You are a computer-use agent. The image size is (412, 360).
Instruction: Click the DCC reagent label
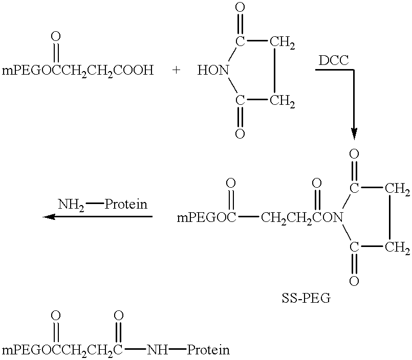pos(333,61)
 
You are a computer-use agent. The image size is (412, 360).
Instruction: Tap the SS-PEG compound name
pos(306,299)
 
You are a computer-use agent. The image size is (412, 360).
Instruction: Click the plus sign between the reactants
pos(176,70)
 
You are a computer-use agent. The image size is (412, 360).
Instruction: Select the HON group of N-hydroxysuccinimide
pos(213,71)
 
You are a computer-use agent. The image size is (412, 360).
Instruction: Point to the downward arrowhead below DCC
pos(354,134)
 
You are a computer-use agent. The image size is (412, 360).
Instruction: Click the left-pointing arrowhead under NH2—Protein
pos(49,217)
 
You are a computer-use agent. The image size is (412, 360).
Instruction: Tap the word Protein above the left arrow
pos(126,204)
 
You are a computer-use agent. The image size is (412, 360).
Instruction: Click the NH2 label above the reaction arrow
pos(71,205)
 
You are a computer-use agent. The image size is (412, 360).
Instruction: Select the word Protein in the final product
pos(208,350)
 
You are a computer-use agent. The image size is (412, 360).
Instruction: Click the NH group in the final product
pos(158,350)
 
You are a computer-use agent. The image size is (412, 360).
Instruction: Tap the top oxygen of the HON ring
pos(240,7)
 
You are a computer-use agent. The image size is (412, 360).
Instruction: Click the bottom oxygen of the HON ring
pos(240,133)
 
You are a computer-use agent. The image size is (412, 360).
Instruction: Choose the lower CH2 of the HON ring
pos(282,101)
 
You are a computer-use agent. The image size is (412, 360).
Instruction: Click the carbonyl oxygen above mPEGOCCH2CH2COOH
pos(56,37)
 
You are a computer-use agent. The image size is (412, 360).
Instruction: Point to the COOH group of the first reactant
pos(134,71)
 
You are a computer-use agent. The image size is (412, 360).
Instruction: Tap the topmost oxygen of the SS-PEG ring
pos(354,154)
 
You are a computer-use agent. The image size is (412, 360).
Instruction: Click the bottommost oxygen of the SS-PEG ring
pos(354,281)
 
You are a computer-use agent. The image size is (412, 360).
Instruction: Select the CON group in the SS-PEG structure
pos(328,218)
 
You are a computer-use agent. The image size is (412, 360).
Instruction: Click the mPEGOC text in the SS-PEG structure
pos(207,218)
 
